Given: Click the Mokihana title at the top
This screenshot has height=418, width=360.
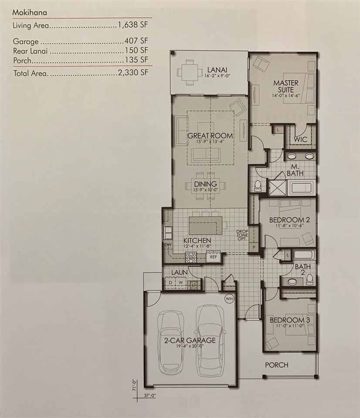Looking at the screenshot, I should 30,13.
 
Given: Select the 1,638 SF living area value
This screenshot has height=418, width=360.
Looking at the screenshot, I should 132,26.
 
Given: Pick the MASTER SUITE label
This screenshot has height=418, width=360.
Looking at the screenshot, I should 285,86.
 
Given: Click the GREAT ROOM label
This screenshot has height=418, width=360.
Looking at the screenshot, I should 210,136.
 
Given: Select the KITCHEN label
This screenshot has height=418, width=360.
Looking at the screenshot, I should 197,240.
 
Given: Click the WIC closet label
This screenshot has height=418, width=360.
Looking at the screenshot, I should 301,140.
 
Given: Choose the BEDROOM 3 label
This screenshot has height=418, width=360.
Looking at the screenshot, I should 289,320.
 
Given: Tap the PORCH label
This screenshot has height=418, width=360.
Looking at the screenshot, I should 277,365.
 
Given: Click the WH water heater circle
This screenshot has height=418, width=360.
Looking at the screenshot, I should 229,299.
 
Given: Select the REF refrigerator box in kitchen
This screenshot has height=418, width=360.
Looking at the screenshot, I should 214,257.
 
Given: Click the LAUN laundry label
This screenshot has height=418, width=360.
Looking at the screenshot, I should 179,272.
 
